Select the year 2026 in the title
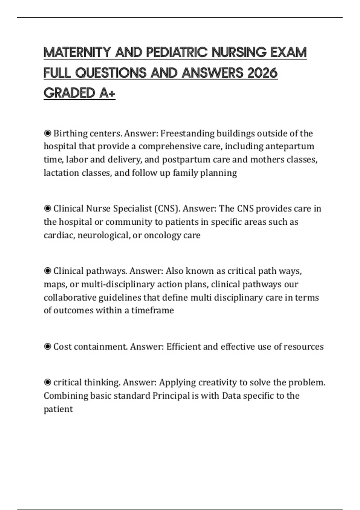coord(262,73)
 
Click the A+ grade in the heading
coord(107,93)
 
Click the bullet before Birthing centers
coord(47,133)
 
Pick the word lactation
coord(61,173)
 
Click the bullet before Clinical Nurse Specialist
coord(47,208)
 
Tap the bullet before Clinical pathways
coord(47,271)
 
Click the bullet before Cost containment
coord(47,346)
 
